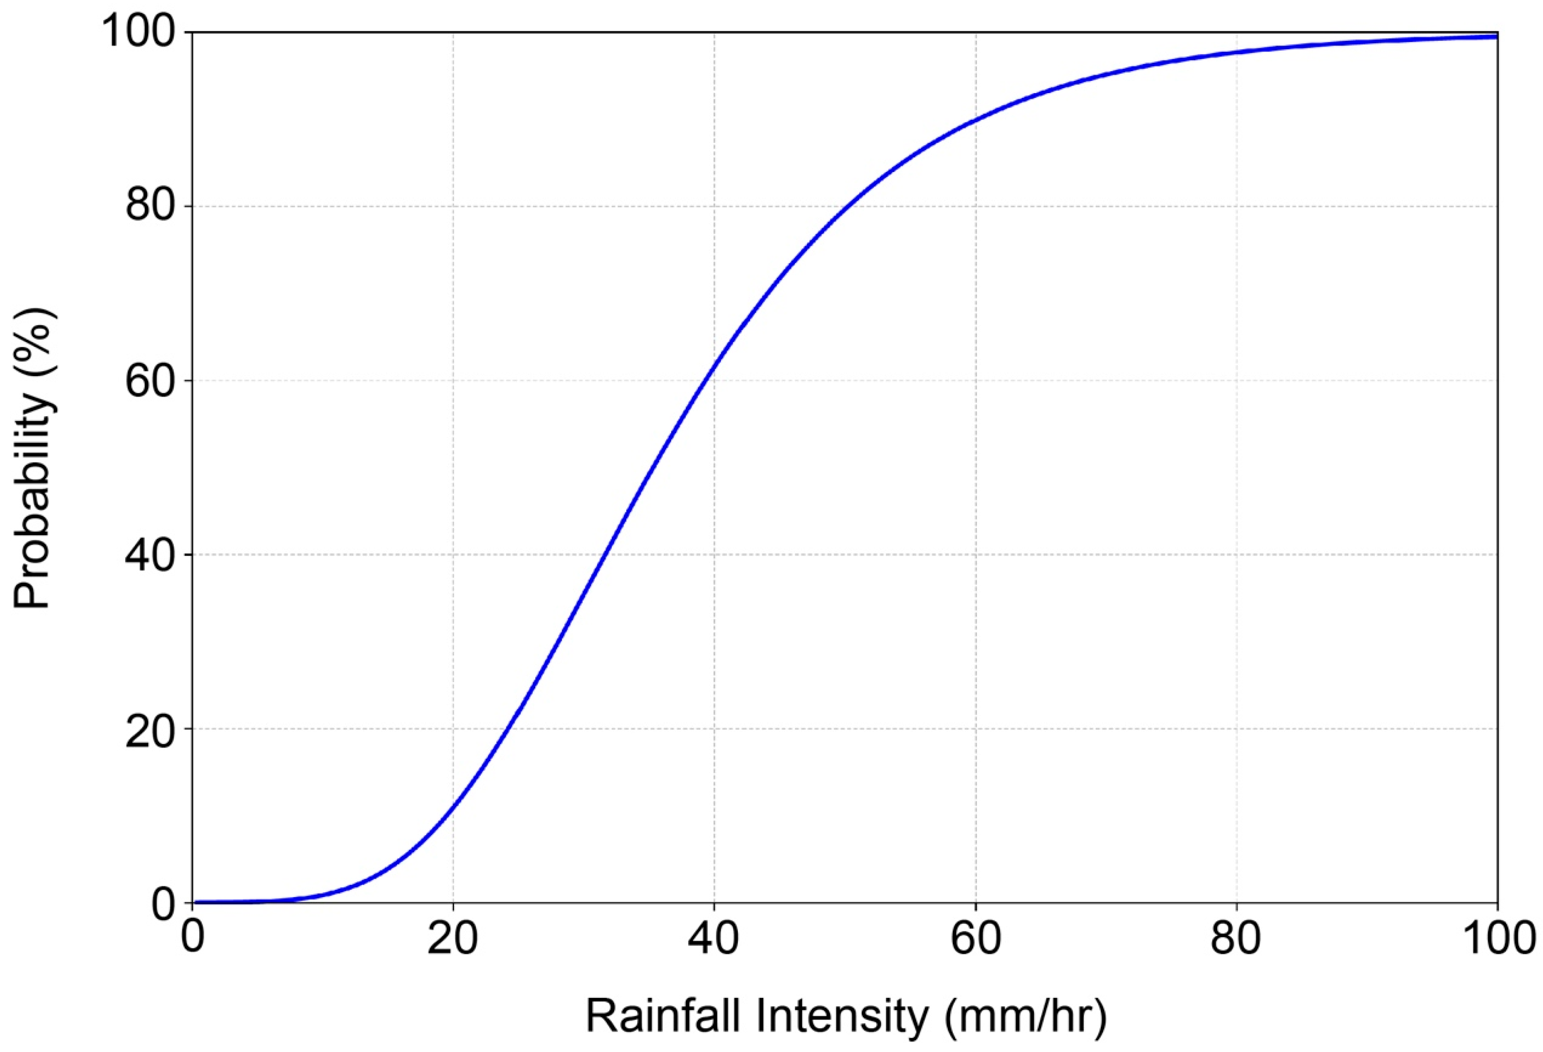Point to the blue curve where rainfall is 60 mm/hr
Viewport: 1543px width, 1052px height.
pyautogui.click(x=975, y=119)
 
